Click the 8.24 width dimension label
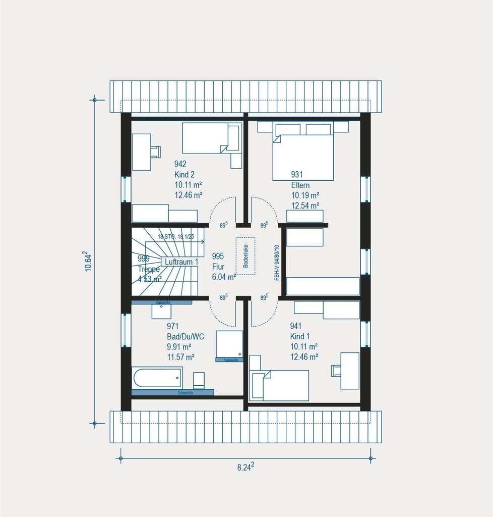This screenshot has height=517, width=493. click(x=245, y=466)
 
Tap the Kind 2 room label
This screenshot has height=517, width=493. click(x=184, y=174)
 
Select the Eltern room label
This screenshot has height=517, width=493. click(x=300, y=185)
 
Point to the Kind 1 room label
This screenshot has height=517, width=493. click(x=300, y=336)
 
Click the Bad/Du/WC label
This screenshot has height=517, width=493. click(x=186, y=337)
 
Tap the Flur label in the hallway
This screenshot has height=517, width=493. click(x=218, y=266)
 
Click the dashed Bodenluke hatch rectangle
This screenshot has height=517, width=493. click(x=246, y=255)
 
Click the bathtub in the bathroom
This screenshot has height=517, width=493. click(x=157, y=378)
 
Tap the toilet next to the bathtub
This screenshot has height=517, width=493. click(x=199, y=379)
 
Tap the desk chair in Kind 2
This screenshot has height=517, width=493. click(x=155, y=151)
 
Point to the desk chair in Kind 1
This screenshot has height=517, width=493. click(x=336, y=371)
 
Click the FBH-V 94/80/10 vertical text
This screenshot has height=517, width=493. click(x=277, y=263)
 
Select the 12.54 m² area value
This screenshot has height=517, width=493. click(x=305, y=205)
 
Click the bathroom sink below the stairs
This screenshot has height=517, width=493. click(x=161, y=311)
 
